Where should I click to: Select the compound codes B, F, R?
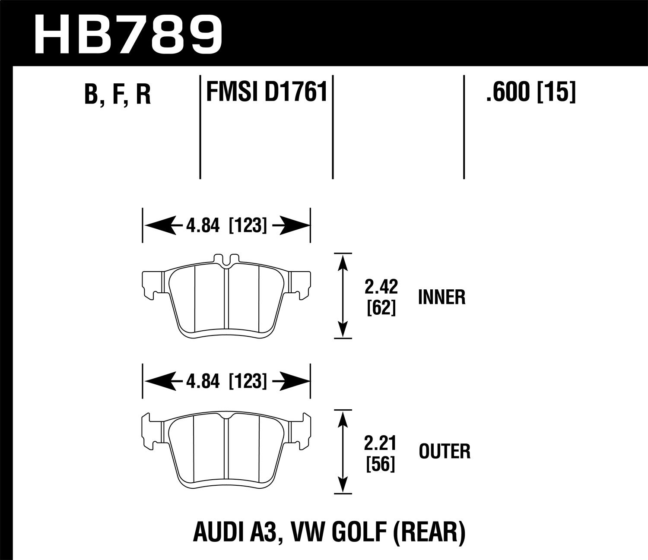[x=118, y=95]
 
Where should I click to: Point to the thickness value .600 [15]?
[x=531, y=92]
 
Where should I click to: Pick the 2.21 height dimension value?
[x=381, y=443]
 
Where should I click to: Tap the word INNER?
[x=442, y=297]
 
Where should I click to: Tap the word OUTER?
[x=445, y=452]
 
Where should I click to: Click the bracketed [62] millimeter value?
[x=381, y=308]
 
